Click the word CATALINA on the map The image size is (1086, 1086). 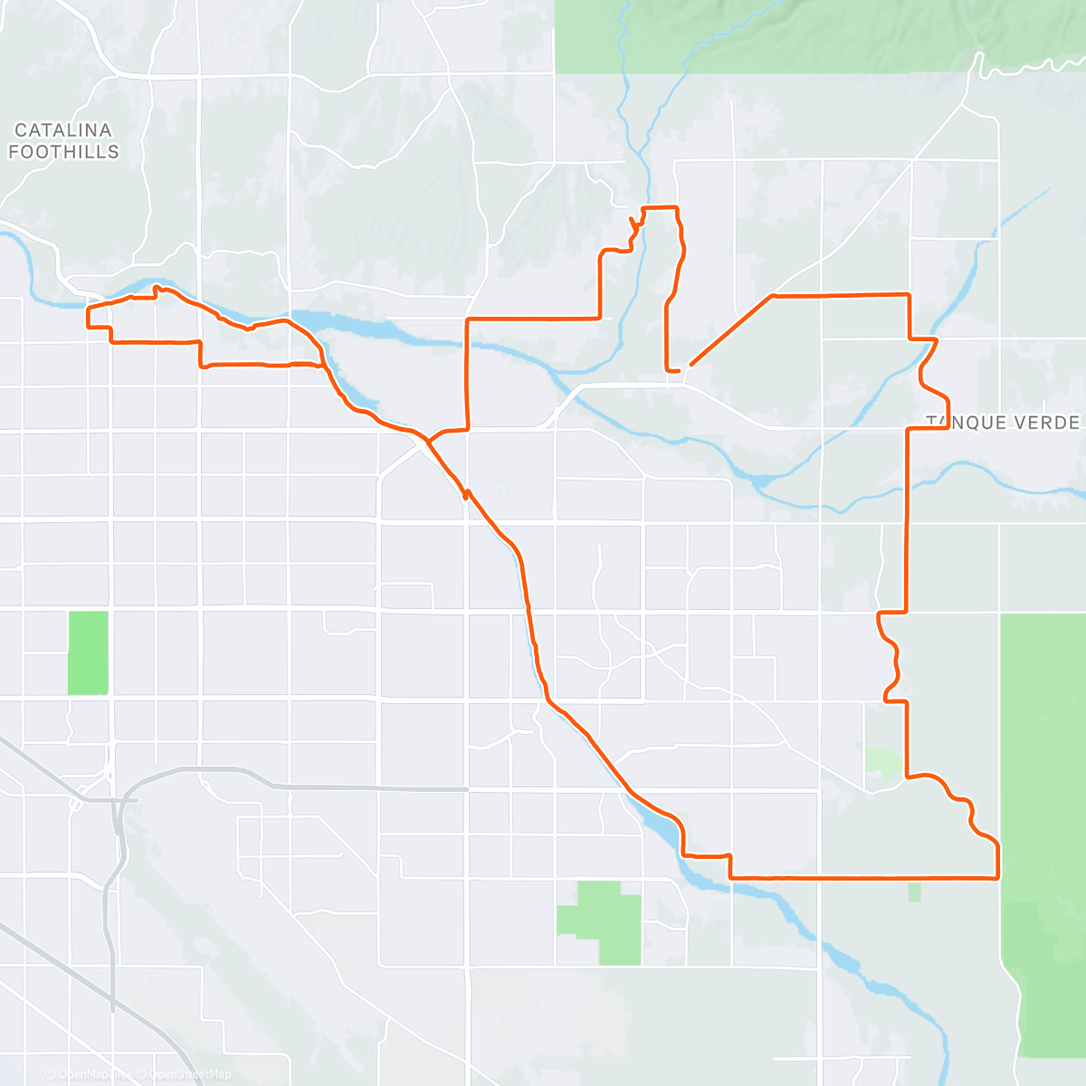click(x=63, y=131)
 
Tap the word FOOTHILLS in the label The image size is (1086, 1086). click(x=63, y=152)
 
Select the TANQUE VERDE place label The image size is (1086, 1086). click(x=1003, y=423)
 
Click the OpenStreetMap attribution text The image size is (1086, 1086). click(x=190, y=1074)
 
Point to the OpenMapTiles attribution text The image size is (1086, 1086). click(x=90, y=1074)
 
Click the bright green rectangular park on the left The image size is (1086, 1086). click(x=88, y=653)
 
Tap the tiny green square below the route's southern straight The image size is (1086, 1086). click(x=914, y=892)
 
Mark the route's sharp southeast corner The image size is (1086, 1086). click(x=996, y=876)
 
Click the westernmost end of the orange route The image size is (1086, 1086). click(x=88, y=317)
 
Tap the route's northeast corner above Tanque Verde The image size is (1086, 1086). click(x=908, y=295)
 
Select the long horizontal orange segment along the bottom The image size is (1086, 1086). click(x=860, y=877)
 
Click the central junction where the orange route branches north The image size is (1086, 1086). click(x=427, y=441)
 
